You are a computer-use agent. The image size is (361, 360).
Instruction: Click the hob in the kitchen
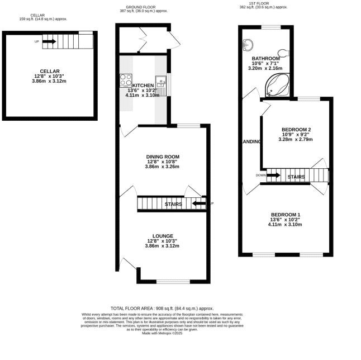125,79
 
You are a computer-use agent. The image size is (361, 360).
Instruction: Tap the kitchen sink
160,83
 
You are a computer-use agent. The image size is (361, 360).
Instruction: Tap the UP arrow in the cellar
49,41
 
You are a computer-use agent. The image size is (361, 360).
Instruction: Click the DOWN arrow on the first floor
273,176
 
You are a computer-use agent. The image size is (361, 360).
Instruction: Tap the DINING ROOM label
163,157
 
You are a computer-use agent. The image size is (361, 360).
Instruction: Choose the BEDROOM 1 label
286,215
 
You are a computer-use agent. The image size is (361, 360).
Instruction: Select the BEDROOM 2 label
295,130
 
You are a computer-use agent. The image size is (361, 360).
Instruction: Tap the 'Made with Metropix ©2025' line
162,333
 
